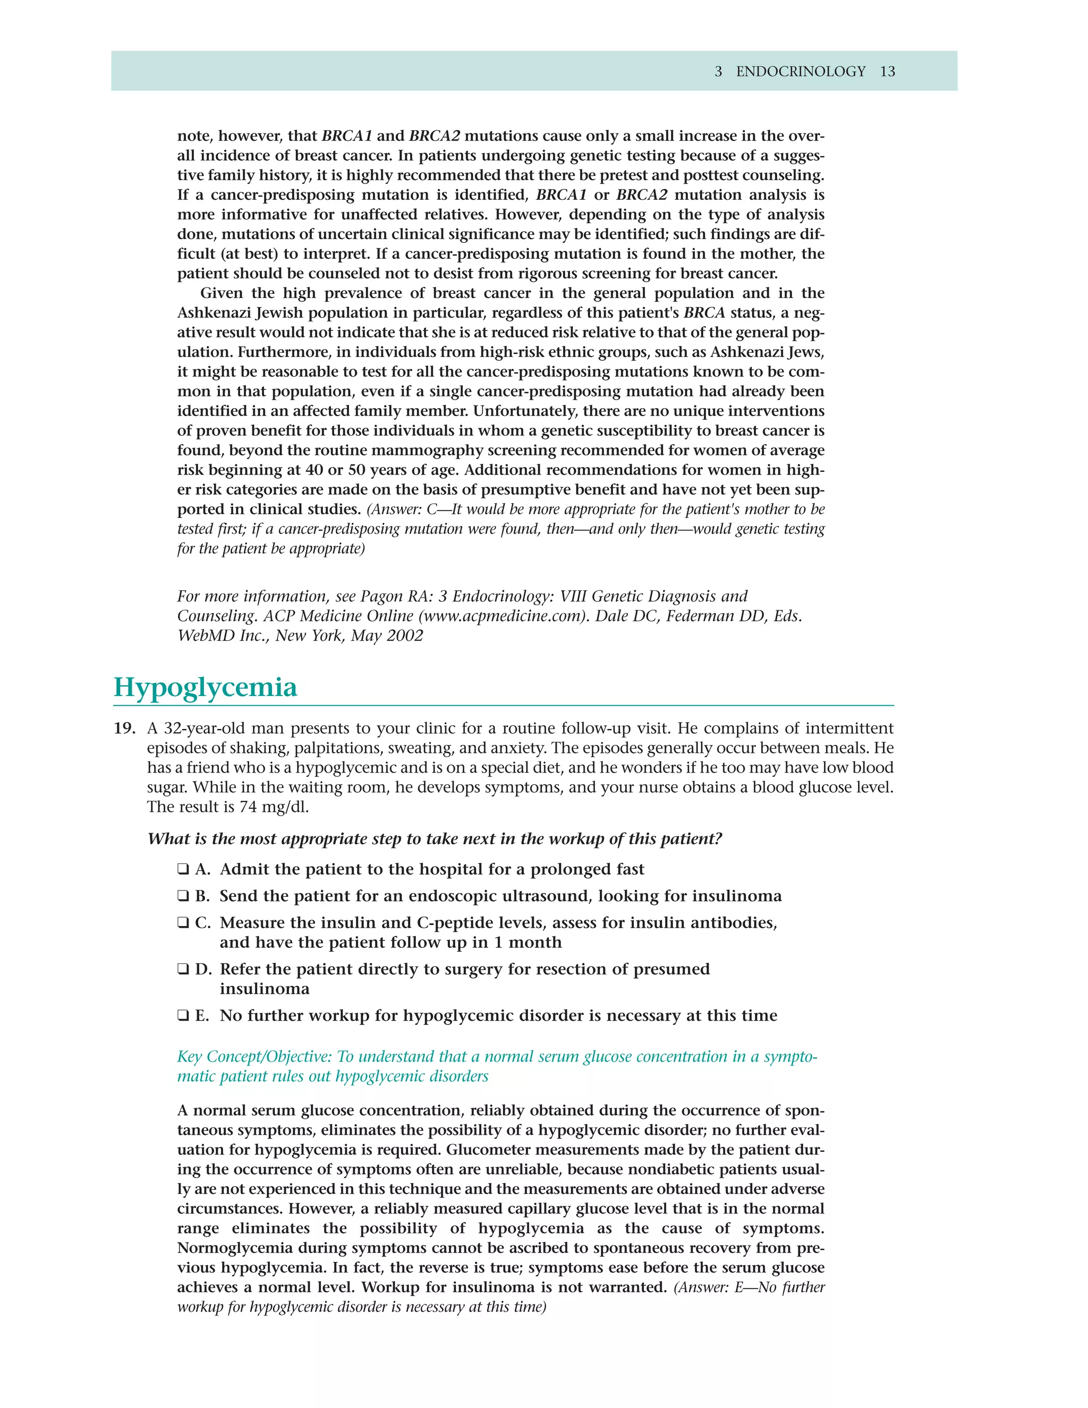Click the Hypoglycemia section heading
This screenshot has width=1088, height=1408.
(205, 688)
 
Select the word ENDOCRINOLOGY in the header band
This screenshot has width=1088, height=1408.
(800, 72)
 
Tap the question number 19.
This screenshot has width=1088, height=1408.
(124, 728)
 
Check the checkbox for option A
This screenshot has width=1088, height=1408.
(183, 870)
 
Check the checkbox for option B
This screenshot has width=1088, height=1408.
(183, 896)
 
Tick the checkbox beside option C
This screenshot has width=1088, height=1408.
(183, 923)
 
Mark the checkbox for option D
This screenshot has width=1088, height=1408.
(183, 970)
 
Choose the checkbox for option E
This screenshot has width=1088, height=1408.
(183, 1016)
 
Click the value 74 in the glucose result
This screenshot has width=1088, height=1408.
(248, 807)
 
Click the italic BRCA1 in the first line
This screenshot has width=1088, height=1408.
(347, 136)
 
